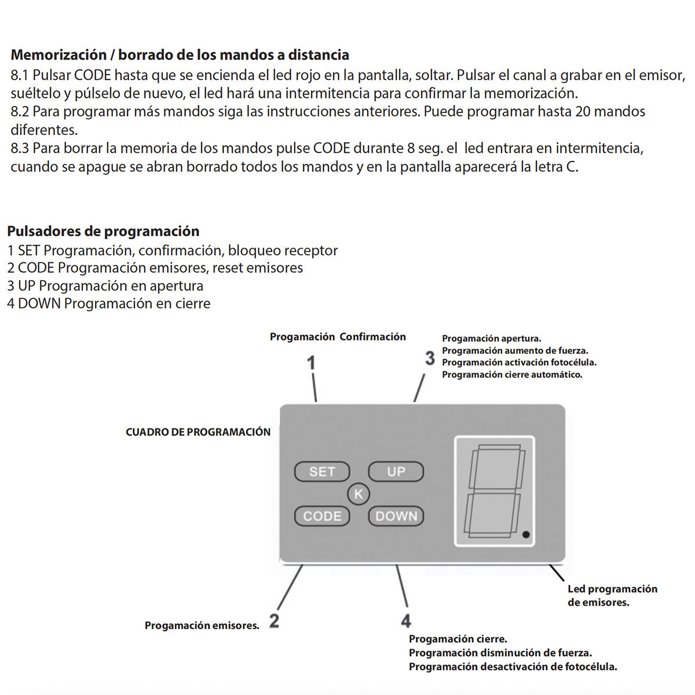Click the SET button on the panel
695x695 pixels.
[x=322, y=472]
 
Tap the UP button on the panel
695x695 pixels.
[x=396, y=472]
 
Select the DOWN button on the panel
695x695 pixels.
[x=396, y=516]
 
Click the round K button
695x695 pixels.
[x=359, y=494]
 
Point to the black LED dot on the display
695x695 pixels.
[x=526, y=534]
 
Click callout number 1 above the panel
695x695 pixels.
[x=311, y=363]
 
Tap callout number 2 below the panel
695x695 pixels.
[x=274, y=621]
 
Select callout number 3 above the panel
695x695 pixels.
[x=429, y=358]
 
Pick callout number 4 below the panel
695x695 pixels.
[x=406, y=621]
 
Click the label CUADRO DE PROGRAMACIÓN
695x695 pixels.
[x=198, y=432]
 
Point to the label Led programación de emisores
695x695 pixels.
[x=612, y=595]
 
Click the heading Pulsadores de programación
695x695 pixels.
[x=103, y=231]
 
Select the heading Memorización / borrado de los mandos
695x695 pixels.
[x=180, y=55]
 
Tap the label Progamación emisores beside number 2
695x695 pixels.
[x=202, y=625]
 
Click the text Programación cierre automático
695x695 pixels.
[x=512, y=375]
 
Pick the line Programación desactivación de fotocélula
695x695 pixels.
[x=513, y=667]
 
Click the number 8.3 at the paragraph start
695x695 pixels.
[x=20, y=148]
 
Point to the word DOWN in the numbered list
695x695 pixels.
[x=39, y=303]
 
